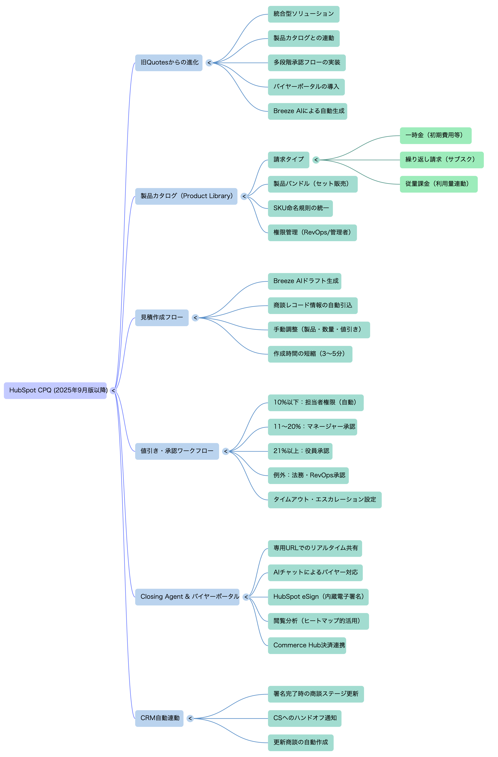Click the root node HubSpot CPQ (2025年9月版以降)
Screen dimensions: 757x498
pos(55,390)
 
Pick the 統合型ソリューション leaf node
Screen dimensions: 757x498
pos(303,14)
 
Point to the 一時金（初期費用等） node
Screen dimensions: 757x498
pos(435,135)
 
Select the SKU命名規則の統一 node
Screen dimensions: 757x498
pos(300,208)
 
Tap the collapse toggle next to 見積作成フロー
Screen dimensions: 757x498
pos(195,318)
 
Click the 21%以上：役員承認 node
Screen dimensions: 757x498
pos(300,451)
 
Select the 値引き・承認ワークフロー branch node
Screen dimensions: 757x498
pos(177,451)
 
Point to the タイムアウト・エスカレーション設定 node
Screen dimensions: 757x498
pos(325,500)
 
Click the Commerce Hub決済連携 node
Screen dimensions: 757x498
pos(307,645)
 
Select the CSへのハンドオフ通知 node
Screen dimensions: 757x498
pos(304,718)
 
